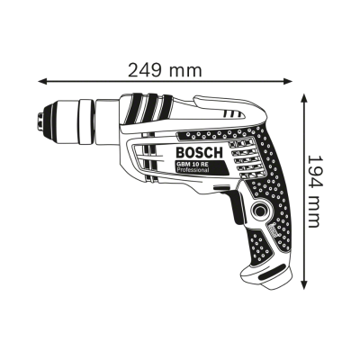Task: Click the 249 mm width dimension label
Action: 165,70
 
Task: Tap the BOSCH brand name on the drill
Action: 199,153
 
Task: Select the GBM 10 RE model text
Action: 189,164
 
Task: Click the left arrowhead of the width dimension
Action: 42,81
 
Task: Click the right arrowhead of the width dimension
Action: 288,81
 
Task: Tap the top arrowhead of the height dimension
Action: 304,98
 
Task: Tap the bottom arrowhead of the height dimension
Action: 304,285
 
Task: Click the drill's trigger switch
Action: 237,207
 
